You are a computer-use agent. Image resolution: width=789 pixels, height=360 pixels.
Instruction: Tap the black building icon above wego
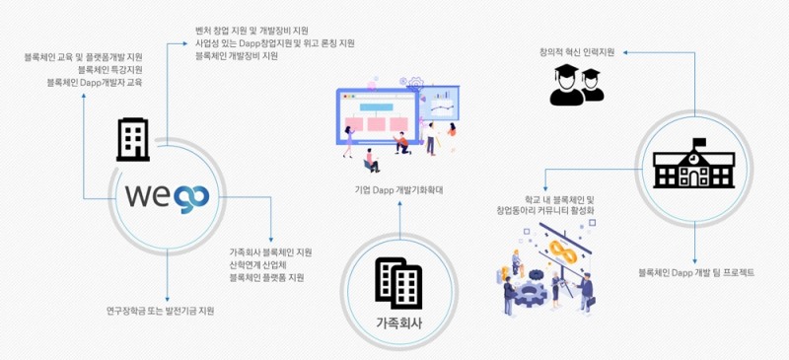133,139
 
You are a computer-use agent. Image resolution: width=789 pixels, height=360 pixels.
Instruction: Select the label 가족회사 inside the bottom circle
399,322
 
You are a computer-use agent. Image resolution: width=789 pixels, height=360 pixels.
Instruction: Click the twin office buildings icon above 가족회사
398,282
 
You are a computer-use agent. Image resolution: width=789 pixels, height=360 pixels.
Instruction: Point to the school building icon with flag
695,166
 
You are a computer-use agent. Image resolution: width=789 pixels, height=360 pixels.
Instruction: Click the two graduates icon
577,84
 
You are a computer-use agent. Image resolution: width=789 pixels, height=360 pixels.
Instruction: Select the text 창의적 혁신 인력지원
578,51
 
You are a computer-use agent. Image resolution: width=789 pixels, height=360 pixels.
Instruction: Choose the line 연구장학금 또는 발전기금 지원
160,311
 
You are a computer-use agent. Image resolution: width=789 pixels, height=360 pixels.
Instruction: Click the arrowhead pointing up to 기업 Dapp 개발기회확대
399,204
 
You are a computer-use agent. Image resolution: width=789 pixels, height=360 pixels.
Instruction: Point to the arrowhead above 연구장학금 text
168,297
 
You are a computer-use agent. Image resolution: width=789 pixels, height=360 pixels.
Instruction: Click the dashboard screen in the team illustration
375,118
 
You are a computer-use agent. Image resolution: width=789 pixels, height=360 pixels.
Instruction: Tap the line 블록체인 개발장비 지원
237,56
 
